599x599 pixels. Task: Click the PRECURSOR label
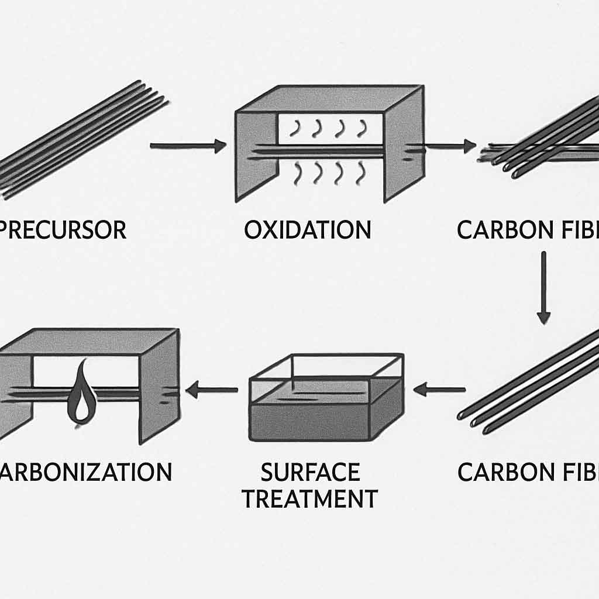coord(63,230)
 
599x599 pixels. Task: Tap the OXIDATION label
coord(308,230)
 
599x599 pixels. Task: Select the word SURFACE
coord(310,471)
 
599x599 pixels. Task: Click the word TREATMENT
coord(310,499)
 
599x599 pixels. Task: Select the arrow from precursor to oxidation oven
coord(188,146)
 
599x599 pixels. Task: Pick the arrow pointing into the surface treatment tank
coord(439,388)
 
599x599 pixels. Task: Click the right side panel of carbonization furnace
coord(158,386)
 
